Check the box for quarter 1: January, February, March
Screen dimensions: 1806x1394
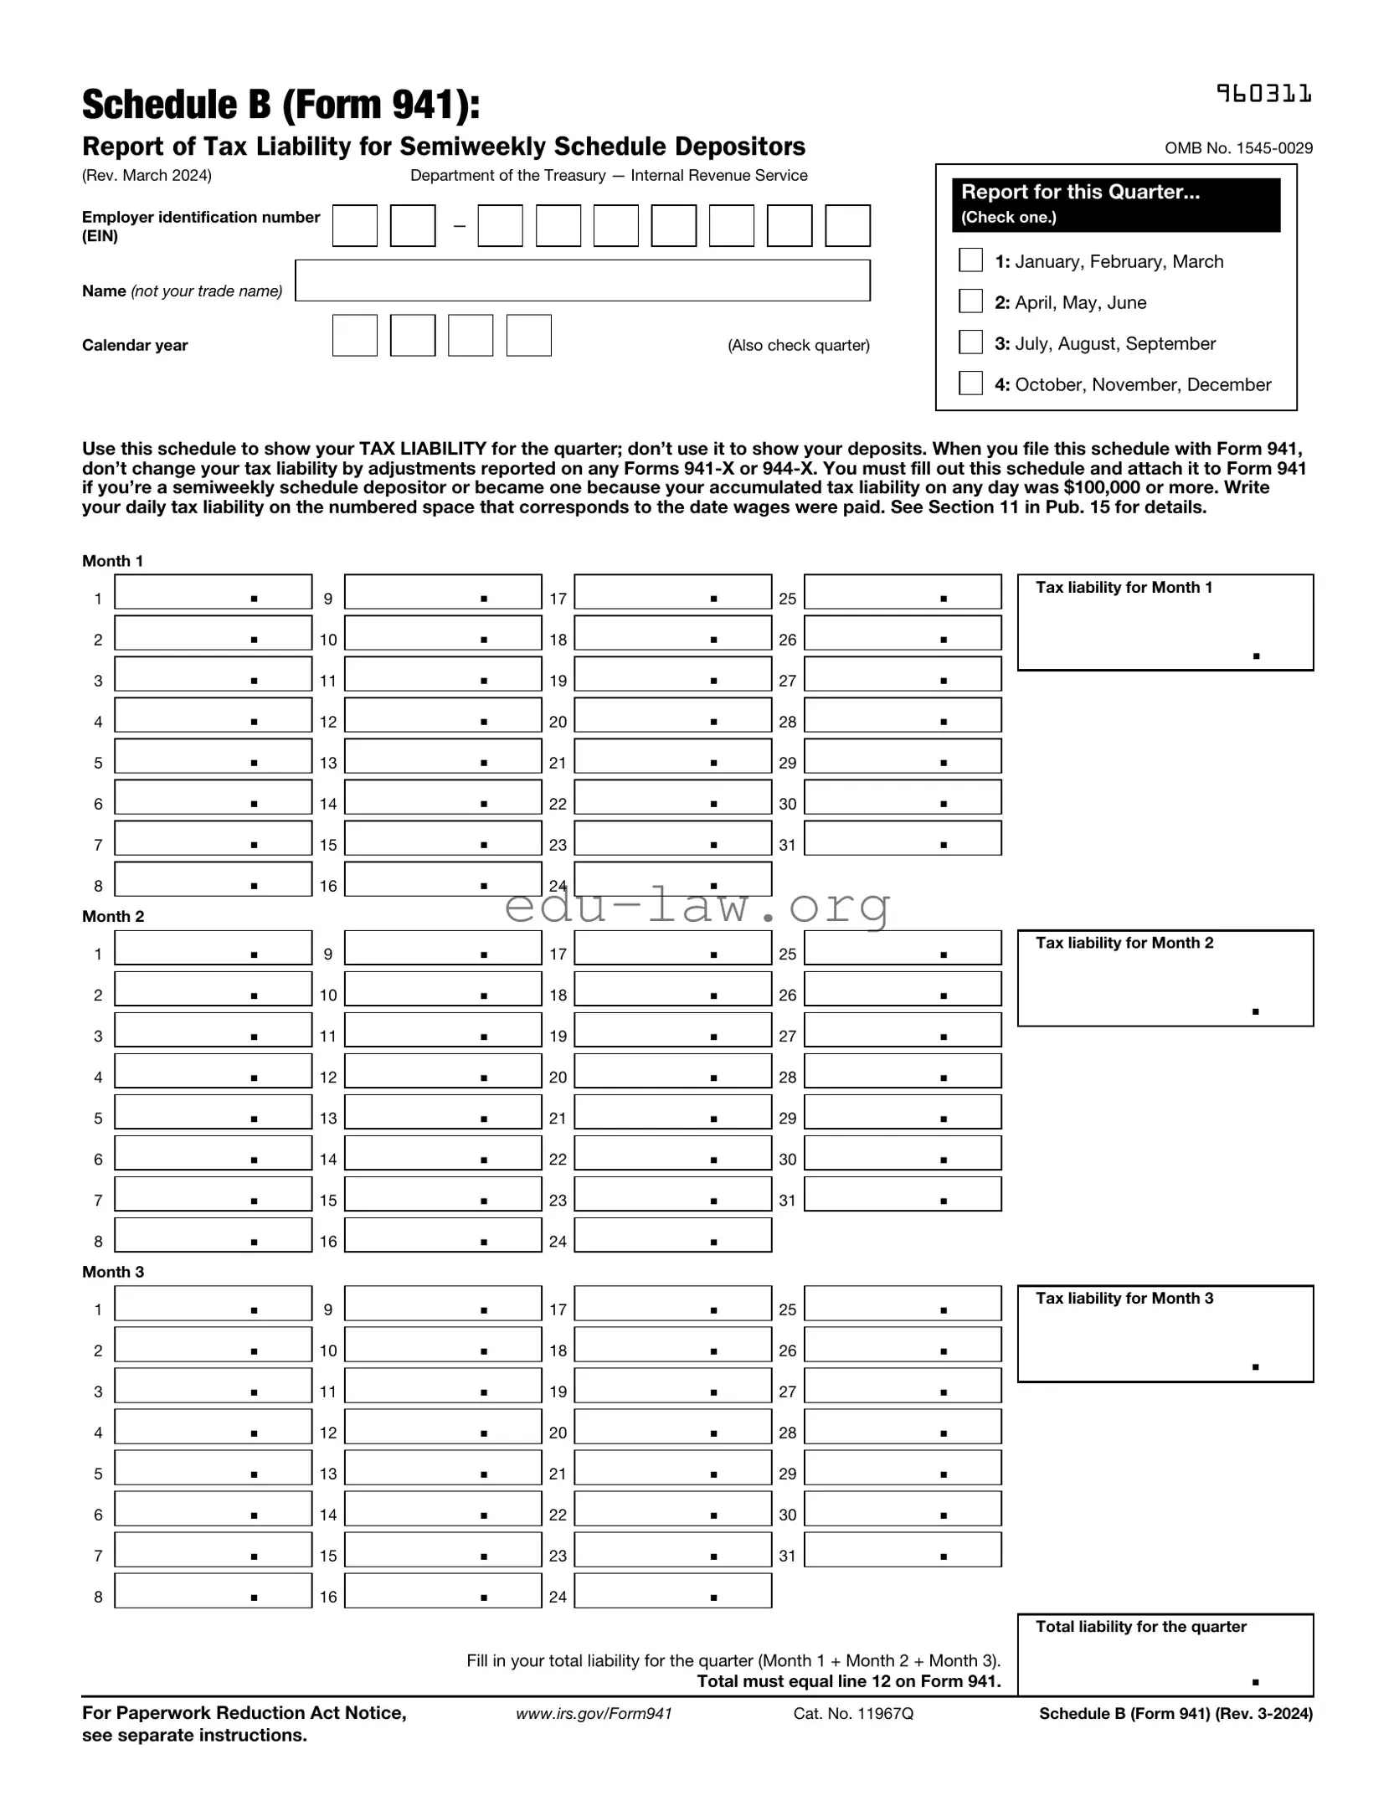[970, 260]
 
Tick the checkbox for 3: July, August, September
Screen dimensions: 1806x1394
[970, 342]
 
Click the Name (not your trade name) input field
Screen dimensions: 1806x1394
[582, 280]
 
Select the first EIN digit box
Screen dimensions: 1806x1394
[354, 225]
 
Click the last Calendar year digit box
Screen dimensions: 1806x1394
[528, 335]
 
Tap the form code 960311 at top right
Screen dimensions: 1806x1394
[1263, 94]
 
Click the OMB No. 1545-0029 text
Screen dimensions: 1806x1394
[1237, 148]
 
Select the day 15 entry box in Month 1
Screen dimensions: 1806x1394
[442, 837]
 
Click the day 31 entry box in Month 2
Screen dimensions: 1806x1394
[902, 1193]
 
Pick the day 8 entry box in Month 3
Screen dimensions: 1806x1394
[213, 1590]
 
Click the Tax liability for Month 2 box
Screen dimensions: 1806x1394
[1164, 978]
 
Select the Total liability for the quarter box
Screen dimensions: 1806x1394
[1164, 1654]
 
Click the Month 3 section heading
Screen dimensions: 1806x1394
[113, 1272]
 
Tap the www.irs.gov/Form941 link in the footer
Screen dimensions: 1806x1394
[594, 1713]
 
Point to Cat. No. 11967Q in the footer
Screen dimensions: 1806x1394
[852, 1713]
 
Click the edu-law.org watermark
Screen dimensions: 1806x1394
[697, 906]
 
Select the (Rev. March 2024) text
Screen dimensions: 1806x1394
[147, 175]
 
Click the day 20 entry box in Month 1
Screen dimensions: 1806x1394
[671, 714]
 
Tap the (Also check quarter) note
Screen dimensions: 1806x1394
[798, 345]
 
